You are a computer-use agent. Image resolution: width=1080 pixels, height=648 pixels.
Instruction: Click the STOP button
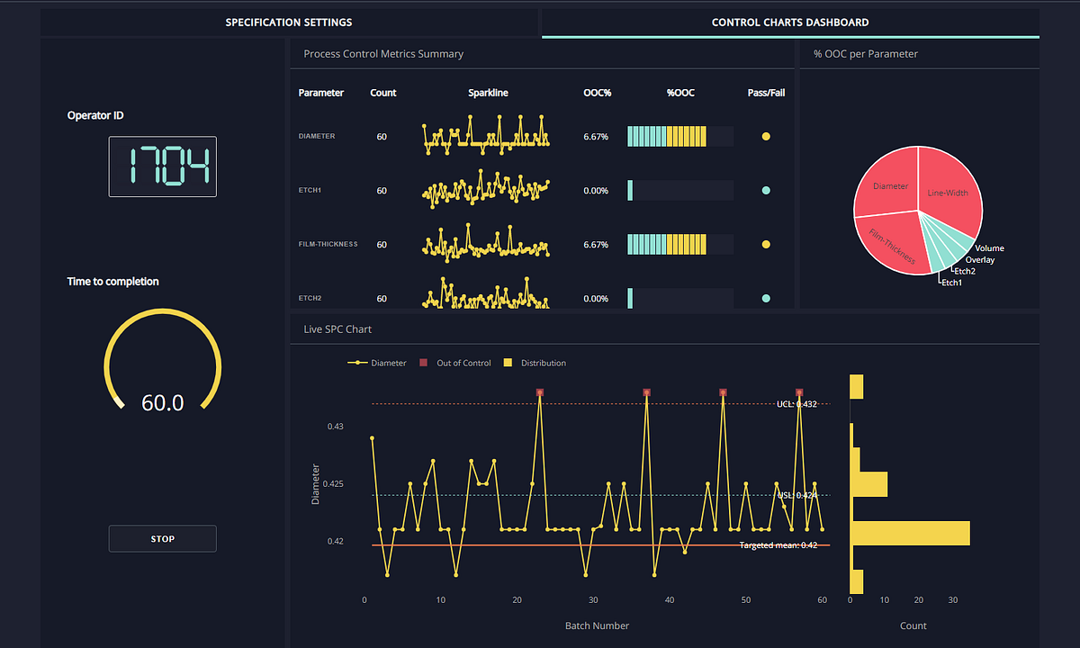tap(162, 538)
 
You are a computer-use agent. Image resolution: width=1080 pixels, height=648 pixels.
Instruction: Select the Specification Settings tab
tap(288, 22)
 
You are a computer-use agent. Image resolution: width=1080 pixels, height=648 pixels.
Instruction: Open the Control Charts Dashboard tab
tap(790, 22)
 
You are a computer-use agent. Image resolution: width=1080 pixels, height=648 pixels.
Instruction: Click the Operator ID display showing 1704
tap(162, 166)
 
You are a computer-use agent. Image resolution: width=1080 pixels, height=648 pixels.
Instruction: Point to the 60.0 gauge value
tap(162, 402)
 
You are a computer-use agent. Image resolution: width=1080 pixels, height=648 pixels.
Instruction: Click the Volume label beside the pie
tap(989, 248)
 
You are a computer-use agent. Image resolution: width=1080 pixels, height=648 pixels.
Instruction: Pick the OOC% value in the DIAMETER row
tap(596, 137)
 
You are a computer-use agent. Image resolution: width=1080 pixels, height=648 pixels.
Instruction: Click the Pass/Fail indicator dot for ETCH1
tap(766, 191)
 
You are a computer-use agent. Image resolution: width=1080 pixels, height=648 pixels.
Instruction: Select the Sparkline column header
tap(488, 93)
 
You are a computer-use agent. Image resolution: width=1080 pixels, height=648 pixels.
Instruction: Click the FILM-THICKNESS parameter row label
tap(328, 244)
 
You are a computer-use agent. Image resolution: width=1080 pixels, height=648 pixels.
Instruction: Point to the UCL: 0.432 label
tap(796, 404)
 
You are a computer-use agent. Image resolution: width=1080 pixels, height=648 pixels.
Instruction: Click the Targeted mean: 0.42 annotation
tap(778, 545)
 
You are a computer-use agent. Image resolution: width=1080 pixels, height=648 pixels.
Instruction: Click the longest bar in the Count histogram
tap(910, 533)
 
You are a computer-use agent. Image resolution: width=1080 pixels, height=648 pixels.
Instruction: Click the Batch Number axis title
tap(597, 625)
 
